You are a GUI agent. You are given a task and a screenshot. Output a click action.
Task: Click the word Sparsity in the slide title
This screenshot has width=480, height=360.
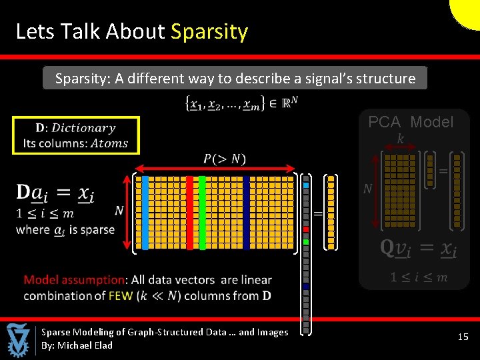click(209, 31)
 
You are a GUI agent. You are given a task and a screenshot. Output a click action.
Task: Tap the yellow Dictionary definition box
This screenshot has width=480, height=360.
click(75, 135)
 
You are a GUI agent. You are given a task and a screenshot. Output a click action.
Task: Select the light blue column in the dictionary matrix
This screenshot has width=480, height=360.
click(145, 213)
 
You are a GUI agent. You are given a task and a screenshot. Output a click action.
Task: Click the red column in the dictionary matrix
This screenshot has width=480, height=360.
click(189, 213)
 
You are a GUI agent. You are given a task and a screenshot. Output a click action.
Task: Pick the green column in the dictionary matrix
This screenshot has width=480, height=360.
click(202, 213)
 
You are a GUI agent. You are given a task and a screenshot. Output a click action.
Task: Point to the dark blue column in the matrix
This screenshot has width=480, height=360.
click(246, 213)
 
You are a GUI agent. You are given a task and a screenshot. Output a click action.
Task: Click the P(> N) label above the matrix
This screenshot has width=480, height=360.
click(225, 159)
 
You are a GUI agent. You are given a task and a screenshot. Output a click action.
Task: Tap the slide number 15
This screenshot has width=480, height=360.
click(463, 337)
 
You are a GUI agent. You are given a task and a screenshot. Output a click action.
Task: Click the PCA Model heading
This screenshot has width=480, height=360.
click(411, 122)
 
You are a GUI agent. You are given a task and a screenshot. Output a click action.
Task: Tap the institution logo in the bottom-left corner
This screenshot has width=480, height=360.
click(18, 340)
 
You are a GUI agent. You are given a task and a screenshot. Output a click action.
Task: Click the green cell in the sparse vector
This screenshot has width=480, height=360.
click(306, 241)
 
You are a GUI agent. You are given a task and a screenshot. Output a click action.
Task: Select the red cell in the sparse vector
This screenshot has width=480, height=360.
click(306, 233)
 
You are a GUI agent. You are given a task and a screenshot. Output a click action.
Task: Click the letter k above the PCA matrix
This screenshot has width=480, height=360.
click(400, 138)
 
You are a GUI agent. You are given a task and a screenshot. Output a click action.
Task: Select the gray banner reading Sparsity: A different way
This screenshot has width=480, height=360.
click(235, 79)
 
